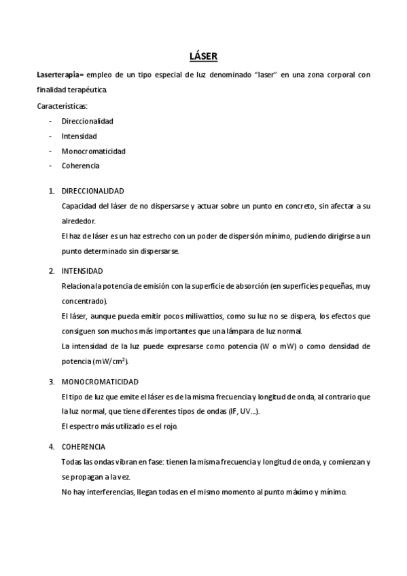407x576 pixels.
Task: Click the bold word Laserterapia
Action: point(58,74)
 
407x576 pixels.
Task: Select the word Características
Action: point(62,105)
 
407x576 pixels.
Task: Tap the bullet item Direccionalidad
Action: point(87,121)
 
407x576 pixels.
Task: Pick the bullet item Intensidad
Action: point(79,136)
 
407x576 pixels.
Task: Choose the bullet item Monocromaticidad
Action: point(93,151)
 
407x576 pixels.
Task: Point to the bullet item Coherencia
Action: point(80,166)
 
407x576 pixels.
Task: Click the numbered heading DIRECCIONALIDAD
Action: point(92,192)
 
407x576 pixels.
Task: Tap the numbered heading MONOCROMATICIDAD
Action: point(99,382)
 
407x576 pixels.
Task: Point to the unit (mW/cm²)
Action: point(111,361)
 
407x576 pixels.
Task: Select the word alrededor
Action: point(78,221)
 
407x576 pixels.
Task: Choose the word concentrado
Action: point(84,301)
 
